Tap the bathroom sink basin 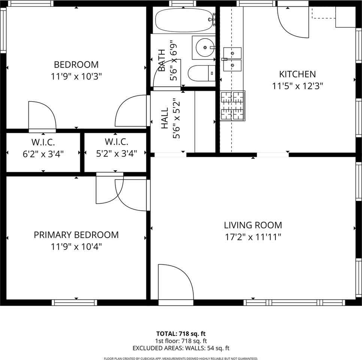click(x=204, y=48)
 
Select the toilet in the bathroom click(x=201, y=73)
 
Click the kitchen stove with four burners click(x=232, y=106)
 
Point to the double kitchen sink click(x=232, y=59)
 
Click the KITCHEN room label click(x=297, y=74)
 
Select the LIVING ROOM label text click(x=253, y=225)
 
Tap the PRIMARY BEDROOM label click(x=76, y=235)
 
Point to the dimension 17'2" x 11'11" click(x=253, y=237)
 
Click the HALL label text click(x=165, y=118)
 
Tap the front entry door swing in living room click(x=174, y=281)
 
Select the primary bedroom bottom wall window click(x=74, y=303)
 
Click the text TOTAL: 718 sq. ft click(x=181, y=333)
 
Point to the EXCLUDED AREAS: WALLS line click(x=181, y=348)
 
